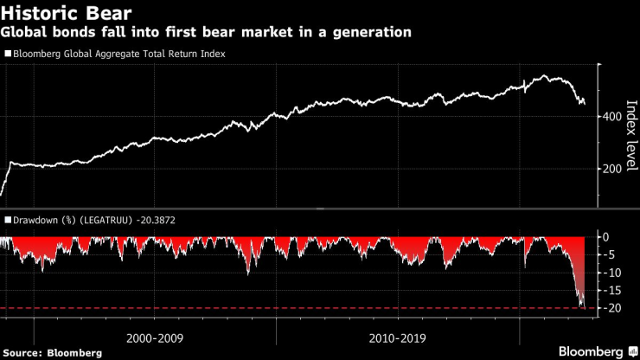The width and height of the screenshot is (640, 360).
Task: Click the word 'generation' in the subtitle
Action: (x=368, y=32)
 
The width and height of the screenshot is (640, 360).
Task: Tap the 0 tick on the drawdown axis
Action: (x=608, y=237)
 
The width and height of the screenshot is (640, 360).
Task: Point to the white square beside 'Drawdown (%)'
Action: (x=8, y=221)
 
